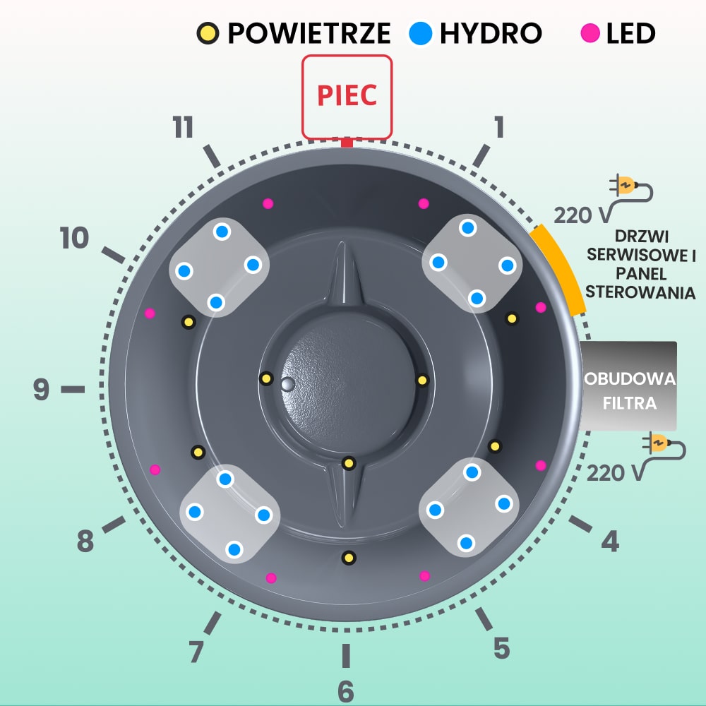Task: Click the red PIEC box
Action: coord(347,97)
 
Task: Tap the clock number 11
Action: coord(184,128)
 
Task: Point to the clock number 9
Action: coord(42,389)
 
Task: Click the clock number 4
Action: coord(610,542)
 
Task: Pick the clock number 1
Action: coord(499,128)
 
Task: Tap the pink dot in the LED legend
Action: coord(590,32)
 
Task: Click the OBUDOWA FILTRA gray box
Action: coord(628,385)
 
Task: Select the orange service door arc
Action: coord(559,268)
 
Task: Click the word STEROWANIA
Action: coord(641,292)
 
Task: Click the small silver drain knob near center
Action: coord(287,383)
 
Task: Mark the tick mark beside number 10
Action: coord(113,255)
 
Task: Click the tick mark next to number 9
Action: coord(72,389)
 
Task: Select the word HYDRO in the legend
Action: coord(491,32)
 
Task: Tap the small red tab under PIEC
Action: coord(346,143)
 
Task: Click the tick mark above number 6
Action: coord(345,655)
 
